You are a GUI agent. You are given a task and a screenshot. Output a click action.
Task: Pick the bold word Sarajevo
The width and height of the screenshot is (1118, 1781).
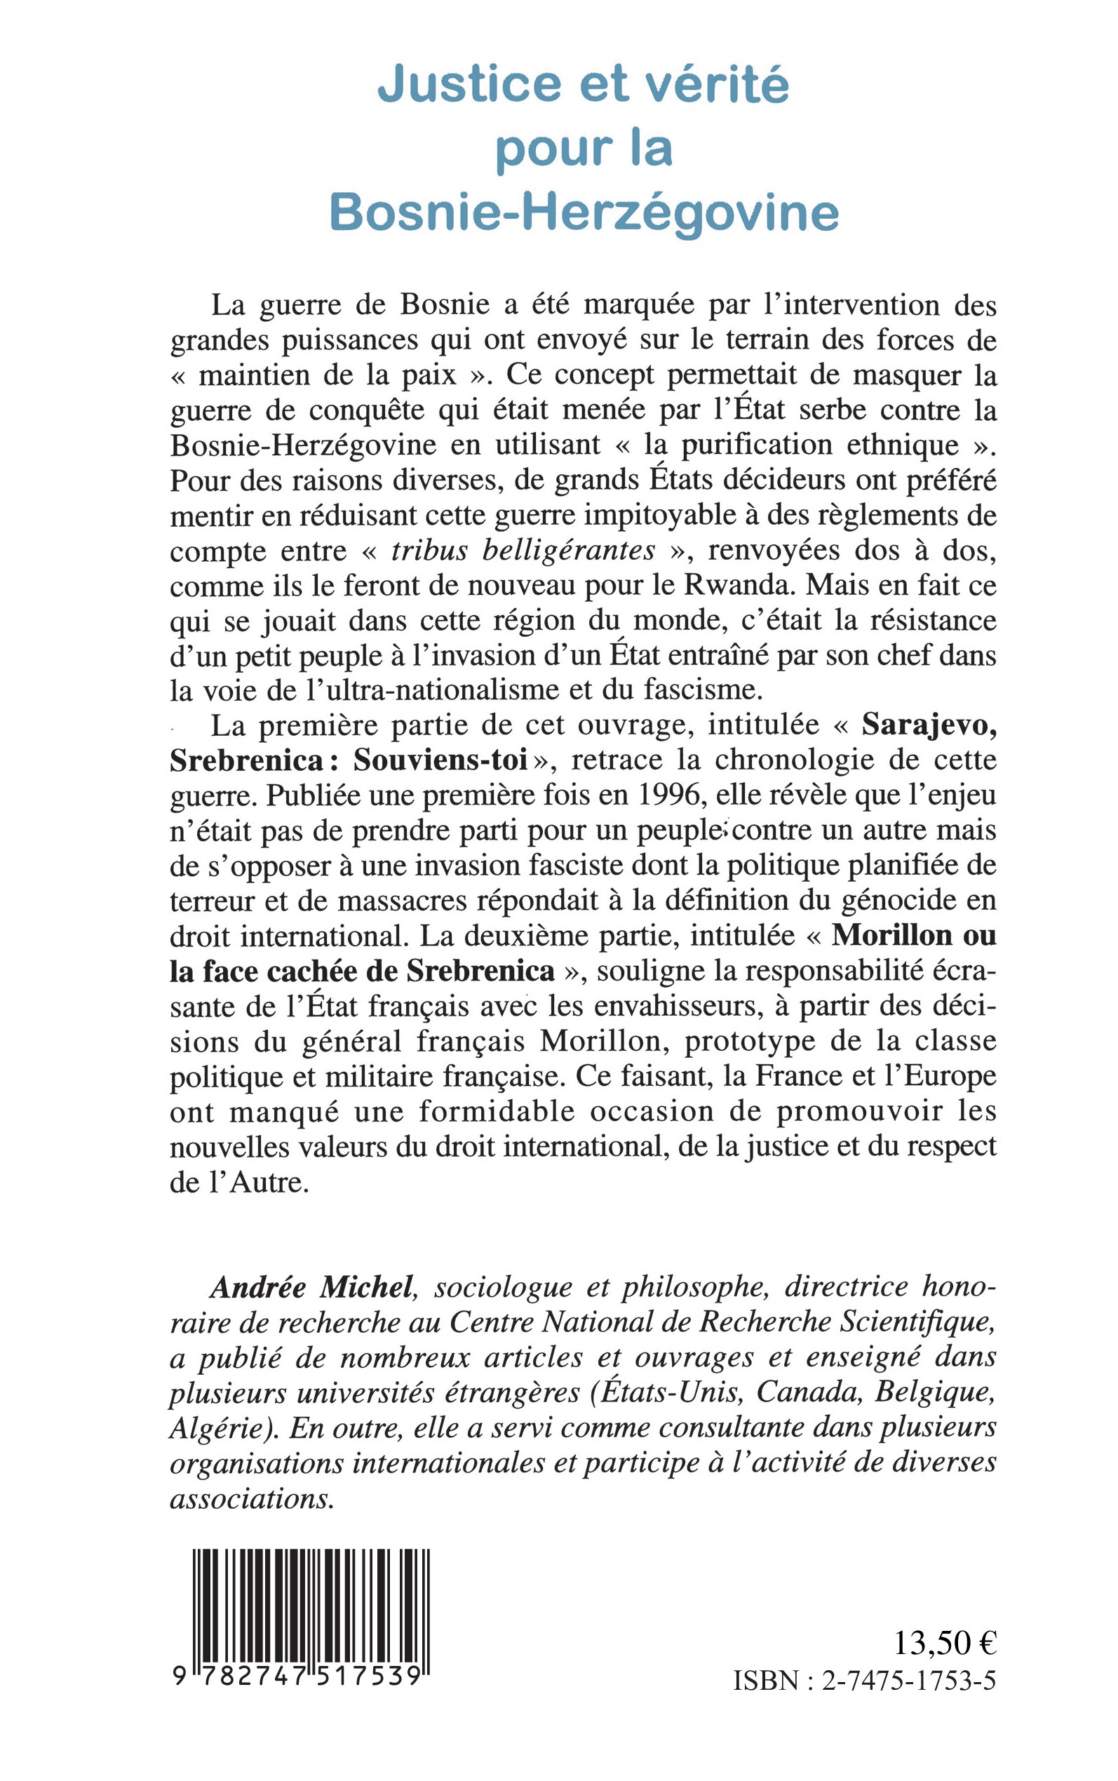click(929, 725)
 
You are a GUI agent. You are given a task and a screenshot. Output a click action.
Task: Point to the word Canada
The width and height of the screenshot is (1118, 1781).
click(807, 1393)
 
